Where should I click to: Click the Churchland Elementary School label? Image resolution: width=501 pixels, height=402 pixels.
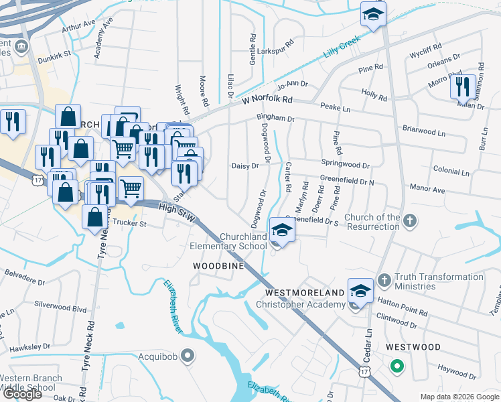[243, 241]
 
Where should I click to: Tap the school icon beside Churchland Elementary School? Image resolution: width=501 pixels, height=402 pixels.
[282, 230]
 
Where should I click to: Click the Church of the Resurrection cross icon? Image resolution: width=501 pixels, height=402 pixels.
[411, 220]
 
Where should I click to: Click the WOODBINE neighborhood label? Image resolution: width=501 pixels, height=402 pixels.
[216, 266]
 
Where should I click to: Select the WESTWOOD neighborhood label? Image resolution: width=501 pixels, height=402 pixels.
[413, 347]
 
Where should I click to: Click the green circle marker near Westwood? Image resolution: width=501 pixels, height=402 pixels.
[397, 366]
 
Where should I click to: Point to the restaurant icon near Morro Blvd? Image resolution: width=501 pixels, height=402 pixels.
[461, 87]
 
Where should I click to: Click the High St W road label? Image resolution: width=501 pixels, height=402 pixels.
[177, 213]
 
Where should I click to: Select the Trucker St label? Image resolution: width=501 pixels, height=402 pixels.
[129, 223]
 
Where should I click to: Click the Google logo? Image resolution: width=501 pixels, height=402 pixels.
[22, 394]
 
